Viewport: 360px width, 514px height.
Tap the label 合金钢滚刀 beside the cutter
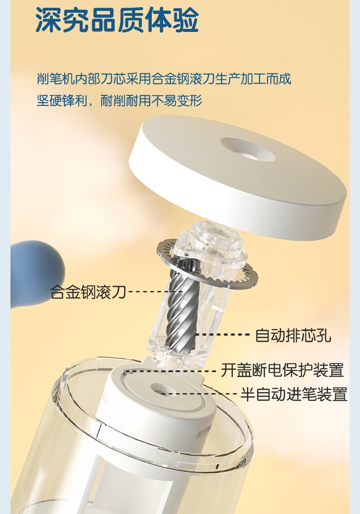(88, 291)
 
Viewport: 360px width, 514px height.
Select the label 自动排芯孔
(293, 335)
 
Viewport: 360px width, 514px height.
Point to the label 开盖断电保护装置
(283, 370)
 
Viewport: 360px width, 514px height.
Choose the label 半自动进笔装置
(294, 393)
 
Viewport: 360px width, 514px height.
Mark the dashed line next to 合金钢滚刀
(154, 291)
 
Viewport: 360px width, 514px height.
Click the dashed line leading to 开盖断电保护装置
(171, 371)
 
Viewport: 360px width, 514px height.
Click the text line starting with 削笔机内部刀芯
(164, 79)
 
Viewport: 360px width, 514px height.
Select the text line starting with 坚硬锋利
(119, 100)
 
